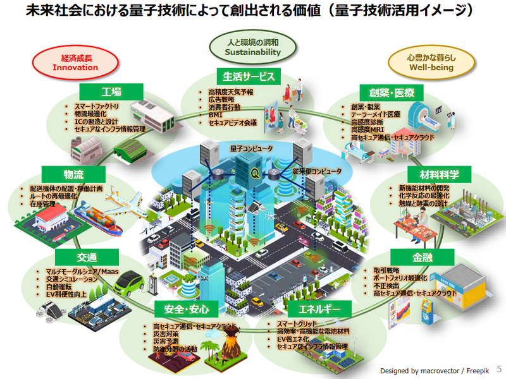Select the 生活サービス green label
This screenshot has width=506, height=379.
249,76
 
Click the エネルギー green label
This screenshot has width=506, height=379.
314,310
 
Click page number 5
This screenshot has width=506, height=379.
498,368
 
